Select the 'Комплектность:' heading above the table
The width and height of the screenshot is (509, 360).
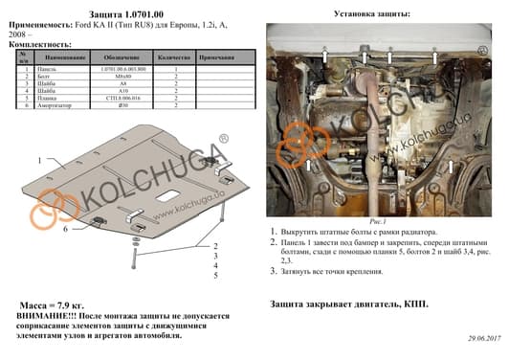(x=38, y=45)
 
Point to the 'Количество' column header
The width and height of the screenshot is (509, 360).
(x=176, y=59)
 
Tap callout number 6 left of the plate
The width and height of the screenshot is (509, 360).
(x=66, y=230)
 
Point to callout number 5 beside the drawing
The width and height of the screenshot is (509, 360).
(x=215, y=275)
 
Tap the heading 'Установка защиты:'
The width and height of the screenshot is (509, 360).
(x=372, y=14)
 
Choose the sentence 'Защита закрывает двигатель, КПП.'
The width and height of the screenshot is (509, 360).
(x=349, y=304)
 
